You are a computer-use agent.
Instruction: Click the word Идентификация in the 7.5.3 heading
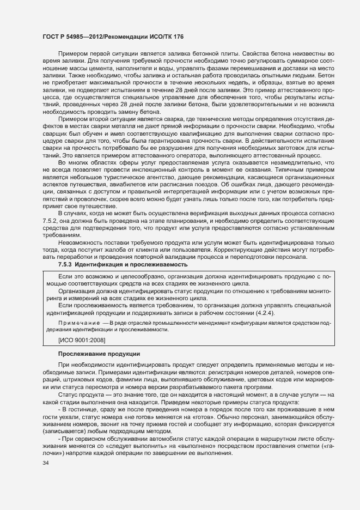coord(100,264)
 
